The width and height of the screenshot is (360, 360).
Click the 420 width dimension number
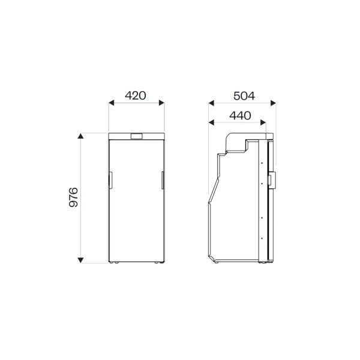[135, 95]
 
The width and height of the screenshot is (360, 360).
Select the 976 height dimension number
[73, 197]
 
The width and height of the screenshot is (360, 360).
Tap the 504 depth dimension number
[244, 96]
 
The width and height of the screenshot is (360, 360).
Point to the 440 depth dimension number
[240, 116]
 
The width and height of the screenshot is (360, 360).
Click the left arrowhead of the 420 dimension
[112, 103]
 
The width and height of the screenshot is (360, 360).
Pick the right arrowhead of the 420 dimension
[161, 103]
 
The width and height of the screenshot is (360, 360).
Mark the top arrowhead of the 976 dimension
[80, 136]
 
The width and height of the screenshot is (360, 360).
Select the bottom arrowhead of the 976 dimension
[80, 260]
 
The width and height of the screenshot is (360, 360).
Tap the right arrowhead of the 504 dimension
[273, 103]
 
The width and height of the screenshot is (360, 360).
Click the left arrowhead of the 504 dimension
[211, 103]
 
